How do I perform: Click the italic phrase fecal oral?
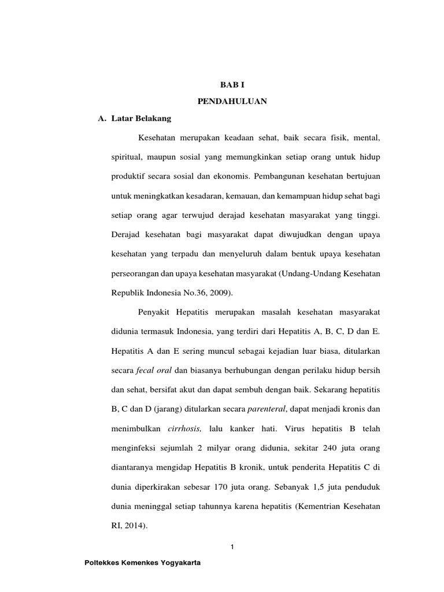tap(154, 370)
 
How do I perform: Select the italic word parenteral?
tap(267, 409)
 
